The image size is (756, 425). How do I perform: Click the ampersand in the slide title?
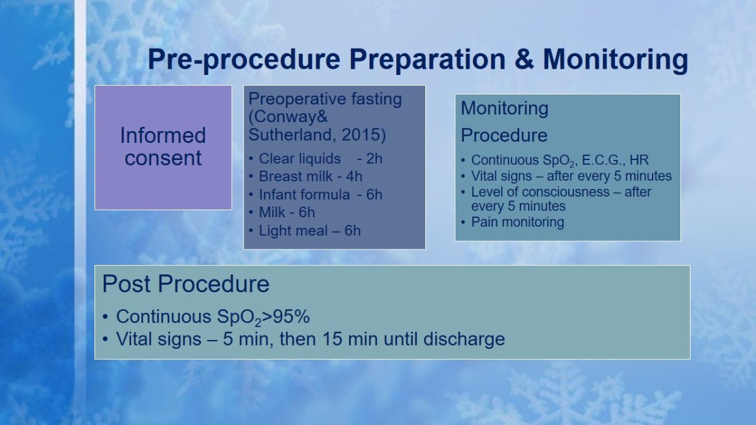[524, 59]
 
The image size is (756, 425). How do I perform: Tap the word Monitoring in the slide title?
[616, 60]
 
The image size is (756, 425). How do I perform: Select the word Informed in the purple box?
[163, 135]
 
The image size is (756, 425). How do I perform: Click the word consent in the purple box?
[163, 158]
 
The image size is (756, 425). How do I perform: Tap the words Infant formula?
[304, 195]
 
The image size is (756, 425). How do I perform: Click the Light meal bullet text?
[309, 230]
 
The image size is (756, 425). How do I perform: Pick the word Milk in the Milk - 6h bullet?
[272, 213]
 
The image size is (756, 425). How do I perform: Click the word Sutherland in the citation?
[292, 135]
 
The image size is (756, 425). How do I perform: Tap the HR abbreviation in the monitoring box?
[639, 160]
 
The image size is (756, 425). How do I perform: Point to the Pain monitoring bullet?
[517, 222]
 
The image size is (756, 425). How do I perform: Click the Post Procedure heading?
[186, 284]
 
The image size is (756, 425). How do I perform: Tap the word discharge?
[464, 339]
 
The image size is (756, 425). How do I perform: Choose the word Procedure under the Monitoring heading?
[504, 135]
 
